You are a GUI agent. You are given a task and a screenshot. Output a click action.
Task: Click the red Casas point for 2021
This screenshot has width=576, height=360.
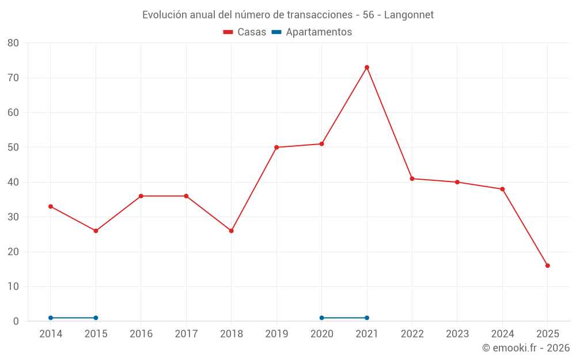click(x=367, y=67)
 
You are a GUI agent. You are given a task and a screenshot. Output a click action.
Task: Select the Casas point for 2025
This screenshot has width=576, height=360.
click(x=548, y=266)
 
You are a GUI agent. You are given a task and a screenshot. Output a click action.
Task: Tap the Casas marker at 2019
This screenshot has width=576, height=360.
click(x=276, y=147)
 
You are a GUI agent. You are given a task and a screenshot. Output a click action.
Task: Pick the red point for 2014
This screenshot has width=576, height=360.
click(x=51, y=206)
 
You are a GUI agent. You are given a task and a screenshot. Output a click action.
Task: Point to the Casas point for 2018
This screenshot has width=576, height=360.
click(x=232, y=231)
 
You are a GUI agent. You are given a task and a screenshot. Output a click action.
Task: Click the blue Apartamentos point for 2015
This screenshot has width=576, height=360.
click(x=96, y=318)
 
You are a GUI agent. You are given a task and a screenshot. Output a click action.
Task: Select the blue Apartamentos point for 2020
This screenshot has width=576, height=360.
click(x=322, y=318)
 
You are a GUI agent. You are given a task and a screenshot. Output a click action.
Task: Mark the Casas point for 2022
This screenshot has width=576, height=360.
click(x=412, y=179)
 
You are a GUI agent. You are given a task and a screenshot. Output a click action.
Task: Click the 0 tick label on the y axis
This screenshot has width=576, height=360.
click(x=16, y=321)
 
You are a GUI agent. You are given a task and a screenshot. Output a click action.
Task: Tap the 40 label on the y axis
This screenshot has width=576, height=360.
click(x=13, y=182)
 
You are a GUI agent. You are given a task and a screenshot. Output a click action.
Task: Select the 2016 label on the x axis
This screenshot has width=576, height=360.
click(x=141, y=334)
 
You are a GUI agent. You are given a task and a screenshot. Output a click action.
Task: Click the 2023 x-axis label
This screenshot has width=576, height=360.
click(x=457, y=334)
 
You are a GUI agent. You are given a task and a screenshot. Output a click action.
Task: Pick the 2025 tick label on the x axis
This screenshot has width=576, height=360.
click(x=548, y=334)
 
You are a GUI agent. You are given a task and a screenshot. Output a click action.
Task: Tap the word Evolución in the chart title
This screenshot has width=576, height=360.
click(x=165, y=14)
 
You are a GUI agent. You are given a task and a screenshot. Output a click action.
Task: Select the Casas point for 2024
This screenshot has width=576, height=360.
click(x=502, y=189)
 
